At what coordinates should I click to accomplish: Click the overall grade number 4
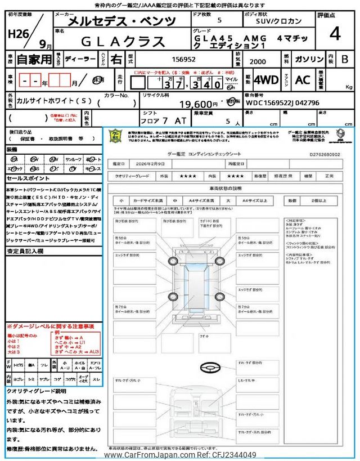(x=335, y=34)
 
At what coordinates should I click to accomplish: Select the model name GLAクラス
(x=124, y=41)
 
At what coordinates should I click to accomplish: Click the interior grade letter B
(x=345, y=59)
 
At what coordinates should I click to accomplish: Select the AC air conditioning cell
(x=303, y=80)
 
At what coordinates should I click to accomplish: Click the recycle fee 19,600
(x=198, y=104)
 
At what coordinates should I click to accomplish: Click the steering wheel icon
(x=209, y=367)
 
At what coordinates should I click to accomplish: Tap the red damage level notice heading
(x=50, y=326)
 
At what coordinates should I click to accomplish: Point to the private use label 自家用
(x=33, y=59)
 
